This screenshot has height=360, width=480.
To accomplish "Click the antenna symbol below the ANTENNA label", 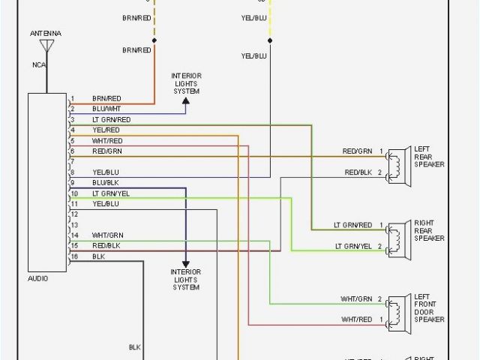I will coord(46,46).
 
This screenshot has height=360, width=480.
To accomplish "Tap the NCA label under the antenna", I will coord(38,64).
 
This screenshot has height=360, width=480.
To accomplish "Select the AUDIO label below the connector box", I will coord(38,278).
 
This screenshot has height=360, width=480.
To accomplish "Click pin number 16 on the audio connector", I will coord(73,256).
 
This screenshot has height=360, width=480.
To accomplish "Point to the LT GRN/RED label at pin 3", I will coord(111,119).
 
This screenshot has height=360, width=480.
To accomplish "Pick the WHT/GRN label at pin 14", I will coord(107,235).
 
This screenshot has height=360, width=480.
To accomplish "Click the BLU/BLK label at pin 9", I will coord(105,182).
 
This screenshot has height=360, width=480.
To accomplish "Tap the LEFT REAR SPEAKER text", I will coord(429,157).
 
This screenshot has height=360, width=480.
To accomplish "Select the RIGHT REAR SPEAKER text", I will coord(429,231).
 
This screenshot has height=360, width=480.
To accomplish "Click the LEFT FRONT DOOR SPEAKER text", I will coord(429,308).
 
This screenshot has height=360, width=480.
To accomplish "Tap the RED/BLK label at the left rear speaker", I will coord(357,172).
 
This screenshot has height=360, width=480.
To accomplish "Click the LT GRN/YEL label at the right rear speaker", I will coord(352,246).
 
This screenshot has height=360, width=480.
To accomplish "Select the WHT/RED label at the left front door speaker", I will coord(356,319).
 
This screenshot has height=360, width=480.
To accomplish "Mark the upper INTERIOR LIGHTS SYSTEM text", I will coord(186,83).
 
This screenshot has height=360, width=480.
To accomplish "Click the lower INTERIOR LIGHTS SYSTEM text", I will coord(186,279).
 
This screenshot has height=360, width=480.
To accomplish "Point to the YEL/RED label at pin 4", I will coord(106,130).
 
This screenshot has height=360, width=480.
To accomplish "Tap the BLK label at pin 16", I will coord(98,256).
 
